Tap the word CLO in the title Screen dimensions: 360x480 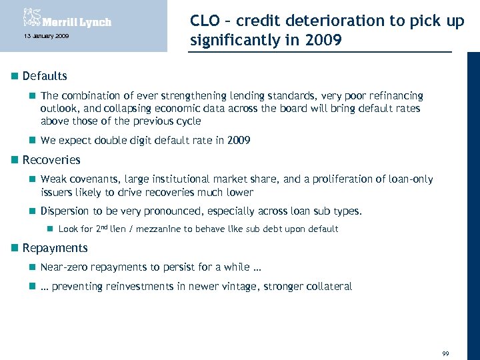[x=205, y=21]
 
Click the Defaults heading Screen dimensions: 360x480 [x=45, y=76]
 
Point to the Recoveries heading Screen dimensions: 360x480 [x=51, y=160]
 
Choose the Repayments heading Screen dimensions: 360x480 [x=55, y=248]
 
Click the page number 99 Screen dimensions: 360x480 [x=445, y=353]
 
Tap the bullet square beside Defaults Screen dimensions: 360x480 [x=14, y=76]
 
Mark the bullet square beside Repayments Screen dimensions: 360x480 [x=14, y=248]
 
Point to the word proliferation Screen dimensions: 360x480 [x=355, y=179]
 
